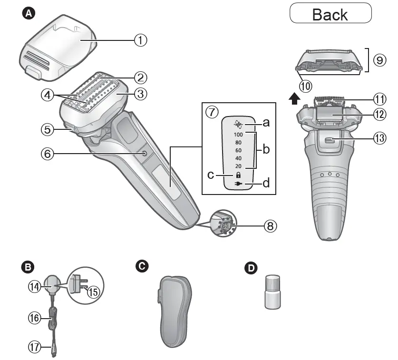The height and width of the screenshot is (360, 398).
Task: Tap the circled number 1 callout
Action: tap(140, 40)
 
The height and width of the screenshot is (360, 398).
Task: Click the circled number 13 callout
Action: tap(379, 139)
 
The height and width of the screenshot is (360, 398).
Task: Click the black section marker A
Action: tap(29, 14)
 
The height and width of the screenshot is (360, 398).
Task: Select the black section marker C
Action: tap(141, 267)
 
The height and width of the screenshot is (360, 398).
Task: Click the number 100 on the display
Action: tap(238, 135)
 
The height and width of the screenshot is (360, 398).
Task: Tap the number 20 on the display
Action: tap(238, 166)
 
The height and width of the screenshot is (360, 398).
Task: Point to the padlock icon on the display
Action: tap(238, 175)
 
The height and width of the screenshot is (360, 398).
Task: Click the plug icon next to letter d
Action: tap(239, 184)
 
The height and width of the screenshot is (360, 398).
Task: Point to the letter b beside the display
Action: tap(266, 149)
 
